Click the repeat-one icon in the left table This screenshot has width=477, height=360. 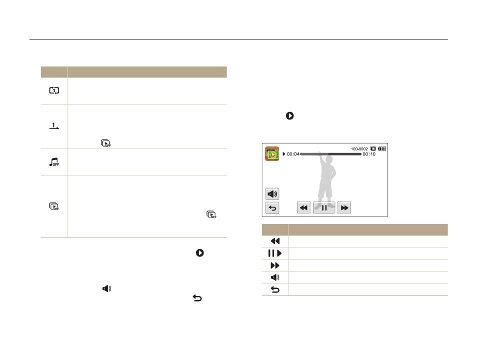tap(54, 90)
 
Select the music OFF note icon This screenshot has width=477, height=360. tap(54, 162)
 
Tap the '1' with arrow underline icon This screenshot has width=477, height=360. tap(54, 125)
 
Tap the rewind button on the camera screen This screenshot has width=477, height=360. tap(303, 208)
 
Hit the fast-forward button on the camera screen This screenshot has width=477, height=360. tap(344, 208)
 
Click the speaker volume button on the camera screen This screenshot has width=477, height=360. tap(272, 194)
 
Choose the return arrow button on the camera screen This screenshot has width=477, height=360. tap(272, 208)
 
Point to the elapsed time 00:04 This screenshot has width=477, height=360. tap(293, 154)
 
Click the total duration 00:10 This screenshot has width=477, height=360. tap(369, 154)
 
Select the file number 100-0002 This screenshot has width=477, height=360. tap(359, 149)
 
